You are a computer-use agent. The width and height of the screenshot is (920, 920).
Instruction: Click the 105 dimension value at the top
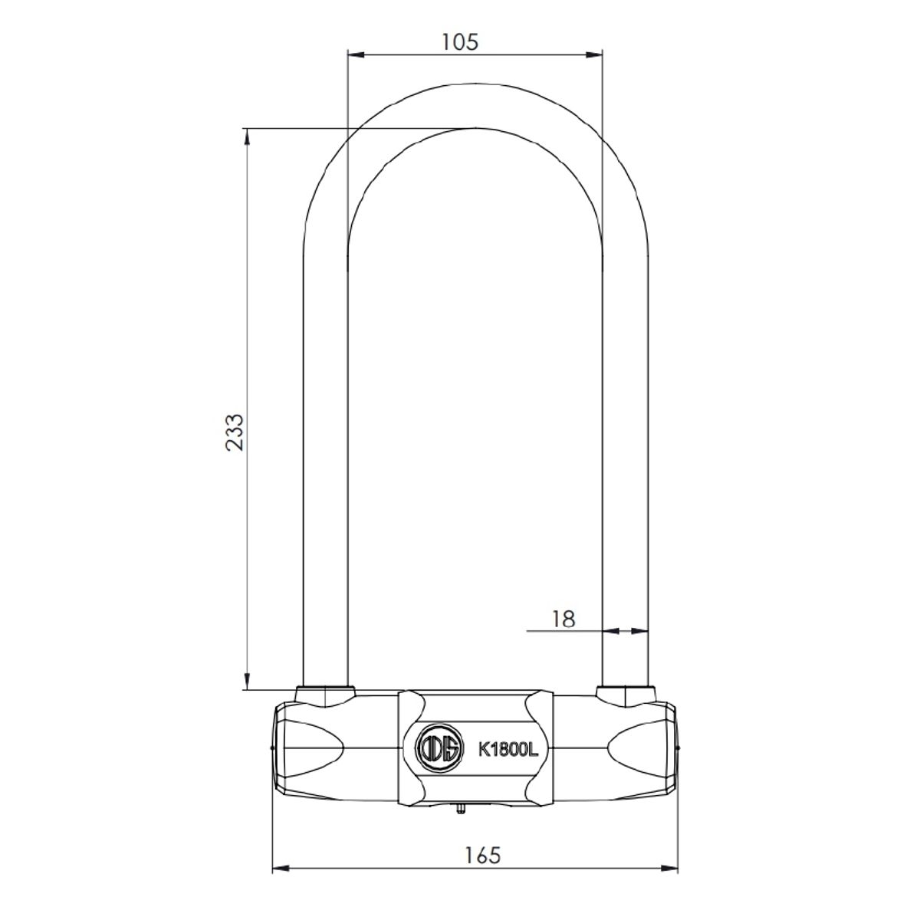[460, 41]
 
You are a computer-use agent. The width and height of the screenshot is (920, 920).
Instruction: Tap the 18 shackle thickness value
[563, 619]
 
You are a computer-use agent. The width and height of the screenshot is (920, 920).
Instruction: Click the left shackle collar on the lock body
[326, 695]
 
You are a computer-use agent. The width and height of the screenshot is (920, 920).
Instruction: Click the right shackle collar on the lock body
[626, 695]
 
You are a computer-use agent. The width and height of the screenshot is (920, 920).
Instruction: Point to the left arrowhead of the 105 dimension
[356, 54]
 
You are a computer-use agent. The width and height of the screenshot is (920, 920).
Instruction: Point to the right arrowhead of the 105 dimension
[593, 54]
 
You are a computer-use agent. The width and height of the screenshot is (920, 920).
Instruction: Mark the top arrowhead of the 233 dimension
[247, 136]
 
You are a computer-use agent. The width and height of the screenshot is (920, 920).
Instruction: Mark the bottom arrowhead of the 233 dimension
[247, 680]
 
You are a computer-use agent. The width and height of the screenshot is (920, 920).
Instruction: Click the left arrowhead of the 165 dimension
[281, 869]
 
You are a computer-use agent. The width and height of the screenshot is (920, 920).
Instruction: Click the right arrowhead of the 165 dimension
[670, 869]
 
